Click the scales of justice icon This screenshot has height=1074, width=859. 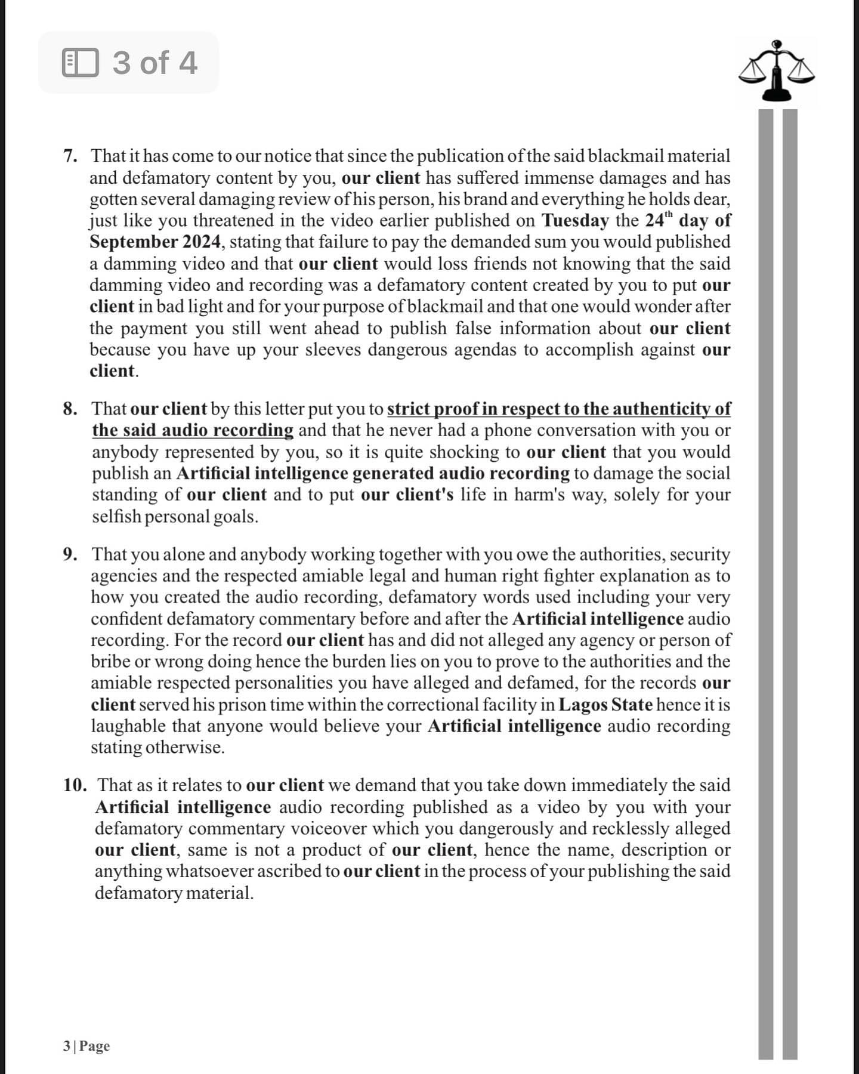pyautogui.click(x=776, y=70)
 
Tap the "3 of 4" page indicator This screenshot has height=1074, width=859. pyautogui.click(x=154, y=63)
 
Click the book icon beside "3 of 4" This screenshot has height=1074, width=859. pyautogui.click(x=80, y=63)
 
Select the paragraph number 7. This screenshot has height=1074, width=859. pyautogui.click(x=70, y=156)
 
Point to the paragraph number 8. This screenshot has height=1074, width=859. pyautogui.click(x=70, y=409)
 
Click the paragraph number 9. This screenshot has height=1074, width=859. pyautogui.click(x=70, y=554)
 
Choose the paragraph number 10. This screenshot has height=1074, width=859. pyautogui.click(x=75, y=785)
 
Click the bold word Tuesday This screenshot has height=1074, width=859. pyautogui.click(x=574, y=221)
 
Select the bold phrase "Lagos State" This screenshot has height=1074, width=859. pyautogui.click(x=605, y=705)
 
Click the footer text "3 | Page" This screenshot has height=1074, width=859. pyautogui.click(x=86, y=1046)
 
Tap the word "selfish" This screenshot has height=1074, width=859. pyautogui.click(x=116, y=517)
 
